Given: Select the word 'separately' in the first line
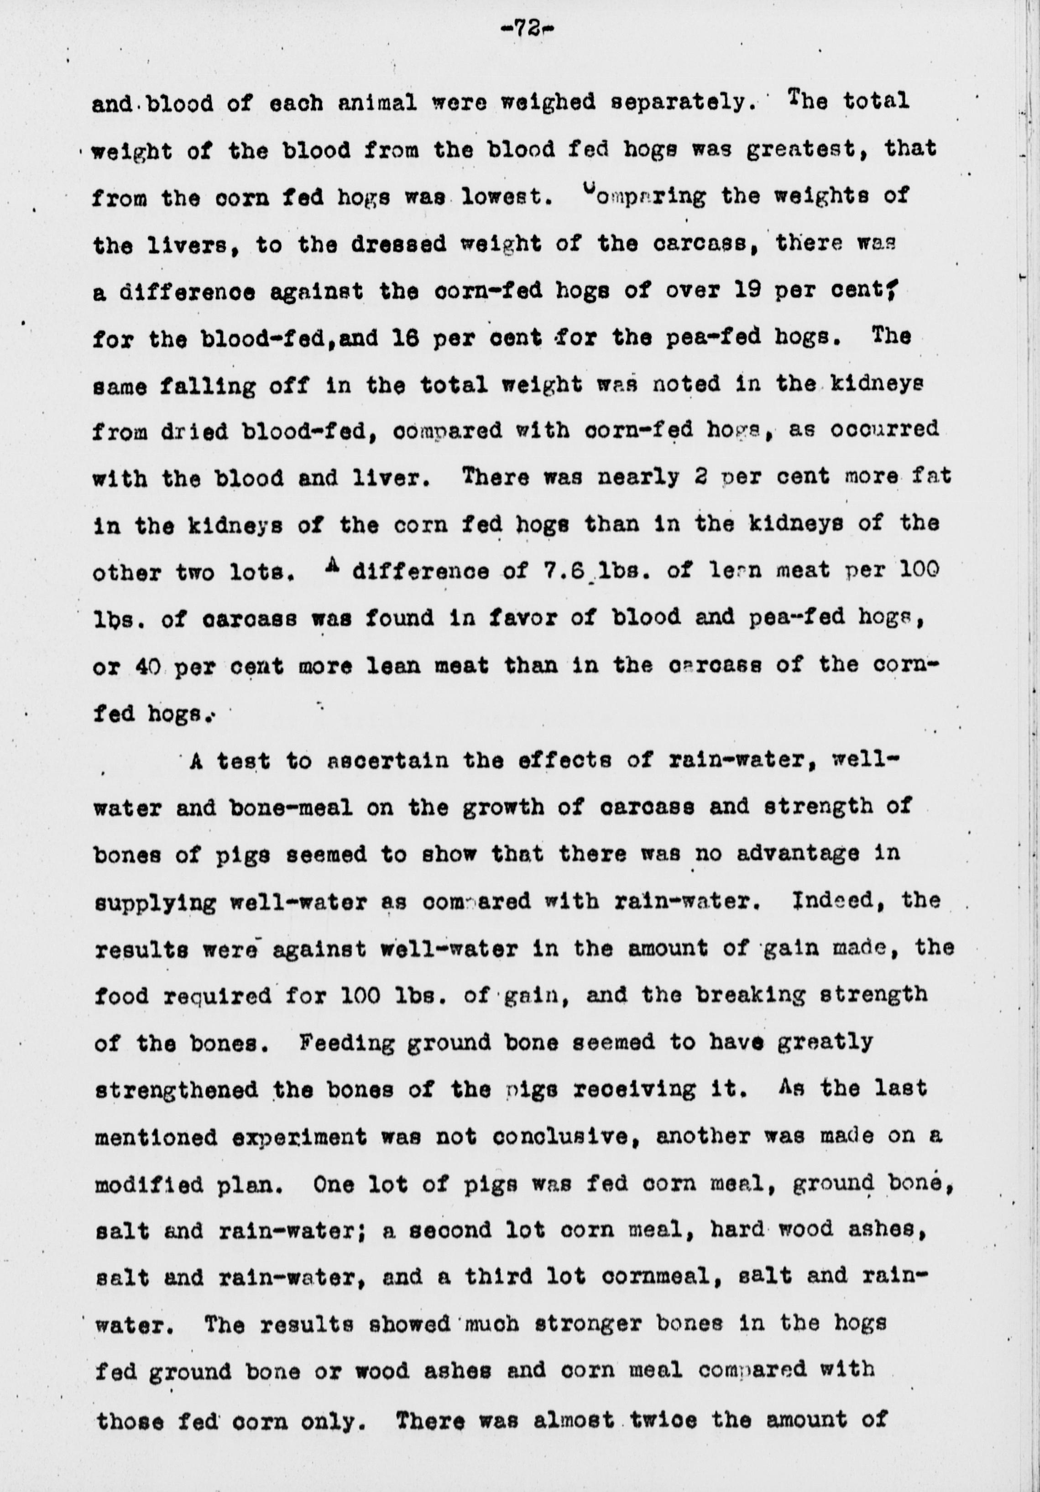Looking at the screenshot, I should [679, 102].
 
